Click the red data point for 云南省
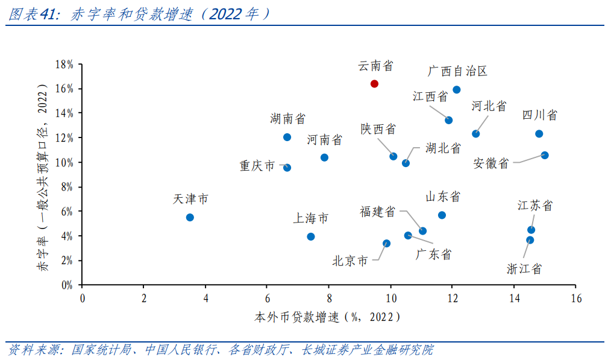pyautogui.click(x=374, y=84)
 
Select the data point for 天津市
pyautogui.click(x=190, y=217)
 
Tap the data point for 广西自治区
pyautogui.click(x=456, y=90)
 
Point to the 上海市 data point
pyautogui.click(x=311, y=237)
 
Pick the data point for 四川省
pyautogui.click(x=539, y=134)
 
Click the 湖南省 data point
pyautogui.click(x=287, y=137)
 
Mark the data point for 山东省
pyautogui.click(x=442, y=215)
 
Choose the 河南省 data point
pyautogui.click(x=324, y=157)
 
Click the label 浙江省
pyautogui.click(x=524, y=269)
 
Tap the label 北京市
pyautogui.click(x=349, y=261)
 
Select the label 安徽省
pyautogui.click(x=491, y=163)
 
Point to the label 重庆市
pyautogui.click(x=257, y=165)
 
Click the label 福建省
pyautogui.click(x=378, y=212)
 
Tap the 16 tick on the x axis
pyautogui.click(x=575, y=298)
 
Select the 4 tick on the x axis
pyautogui.click(x=205, y=298)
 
